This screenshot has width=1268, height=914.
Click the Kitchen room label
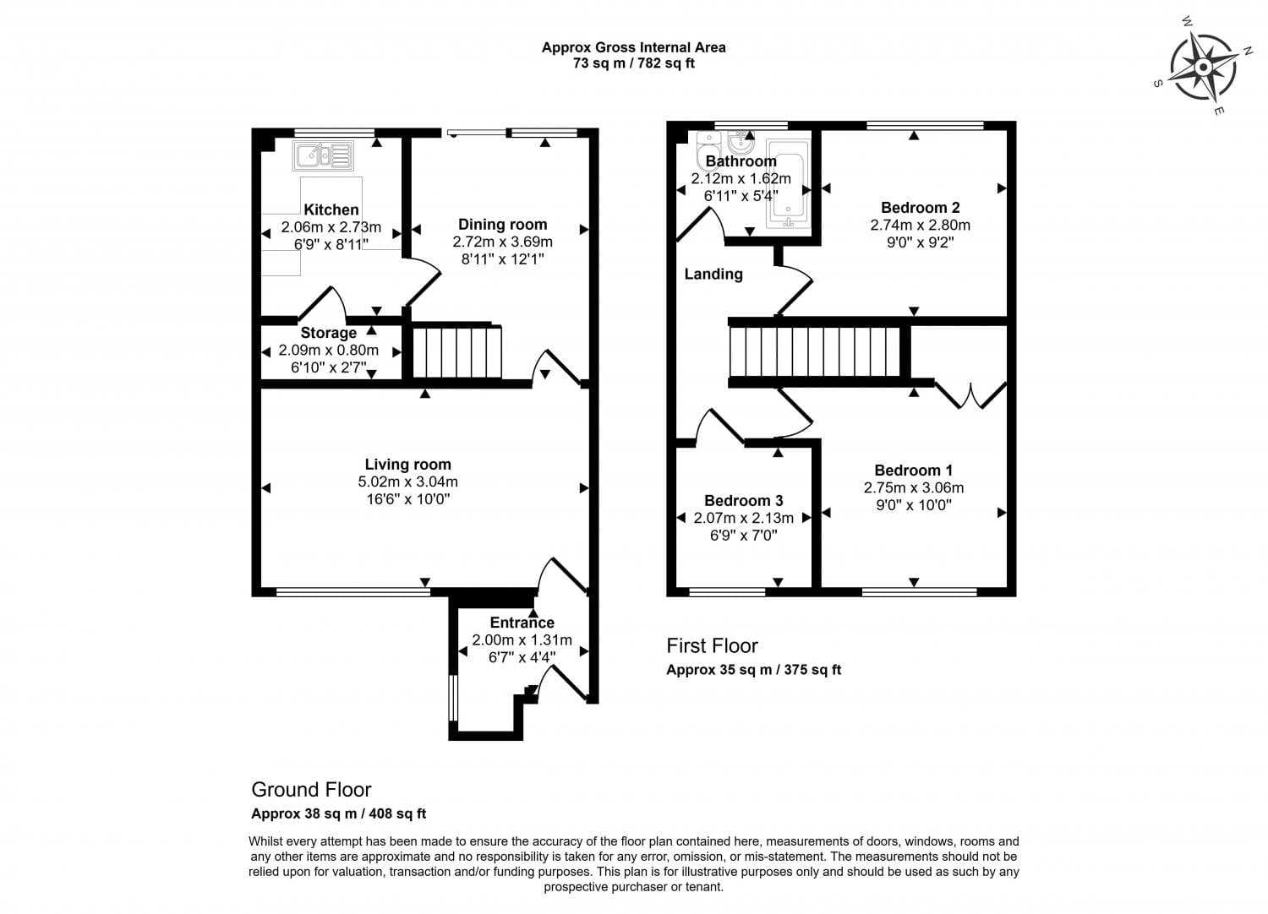point(331,209)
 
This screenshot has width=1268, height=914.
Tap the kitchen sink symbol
point(323,155)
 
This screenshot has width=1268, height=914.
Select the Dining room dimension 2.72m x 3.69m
point(503,242)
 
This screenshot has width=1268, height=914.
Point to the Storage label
point(328,333)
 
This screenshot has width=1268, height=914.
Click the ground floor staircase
point(456,351)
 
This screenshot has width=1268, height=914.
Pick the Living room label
point(407,465)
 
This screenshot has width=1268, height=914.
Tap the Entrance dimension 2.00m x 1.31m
point(522,640)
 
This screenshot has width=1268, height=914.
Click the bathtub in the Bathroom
point(788,183)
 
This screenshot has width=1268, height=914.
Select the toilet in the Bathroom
point(708,150)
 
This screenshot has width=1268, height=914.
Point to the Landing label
point(713,275)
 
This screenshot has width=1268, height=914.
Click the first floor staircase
point(815,351)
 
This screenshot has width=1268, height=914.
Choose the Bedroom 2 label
point(921,208)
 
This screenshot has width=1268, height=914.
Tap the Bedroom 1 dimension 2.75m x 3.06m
point(914,487)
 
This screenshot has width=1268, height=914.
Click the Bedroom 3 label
point(743,501)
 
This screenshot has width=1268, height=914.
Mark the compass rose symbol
point(1203,68)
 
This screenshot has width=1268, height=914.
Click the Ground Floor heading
point(311,789)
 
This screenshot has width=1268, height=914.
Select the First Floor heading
point(712,645)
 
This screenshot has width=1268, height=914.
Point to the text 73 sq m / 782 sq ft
point(634,63)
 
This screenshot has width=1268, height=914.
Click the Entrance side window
point(453,698)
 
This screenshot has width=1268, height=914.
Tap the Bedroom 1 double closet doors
point(970,396)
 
